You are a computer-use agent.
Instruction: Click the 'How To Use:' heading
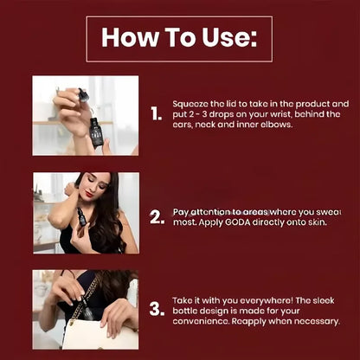pos(179,38)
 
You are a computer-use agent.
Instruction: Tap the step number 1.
pos(155,114)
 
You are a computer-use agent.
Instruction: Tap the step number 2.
pos(156,216)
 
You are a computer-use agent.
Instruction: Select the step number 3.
pos(156,309)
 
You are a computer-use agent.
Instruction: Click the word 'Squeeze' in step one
pos(192,102)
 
